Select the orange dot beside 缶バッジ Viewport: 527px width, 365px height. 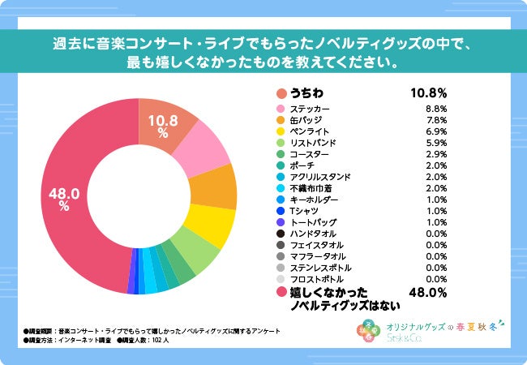281,120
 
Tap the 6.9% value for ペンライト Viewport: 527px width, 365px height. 436,131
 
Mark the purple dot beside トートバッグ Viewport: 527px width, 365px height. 281,222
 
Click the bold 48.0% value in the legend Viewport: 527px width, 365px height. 429,293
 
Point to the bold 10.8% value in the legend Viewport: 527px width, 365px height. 429,92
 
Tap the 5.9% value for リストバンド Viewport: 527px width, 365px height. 436,143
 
